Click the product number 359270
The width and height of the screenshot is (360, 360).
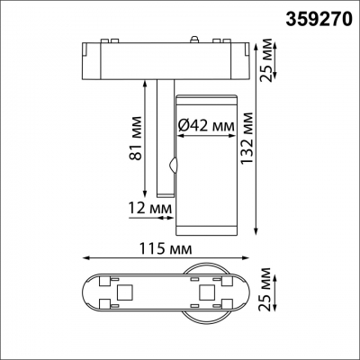[x=316, y=15]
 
